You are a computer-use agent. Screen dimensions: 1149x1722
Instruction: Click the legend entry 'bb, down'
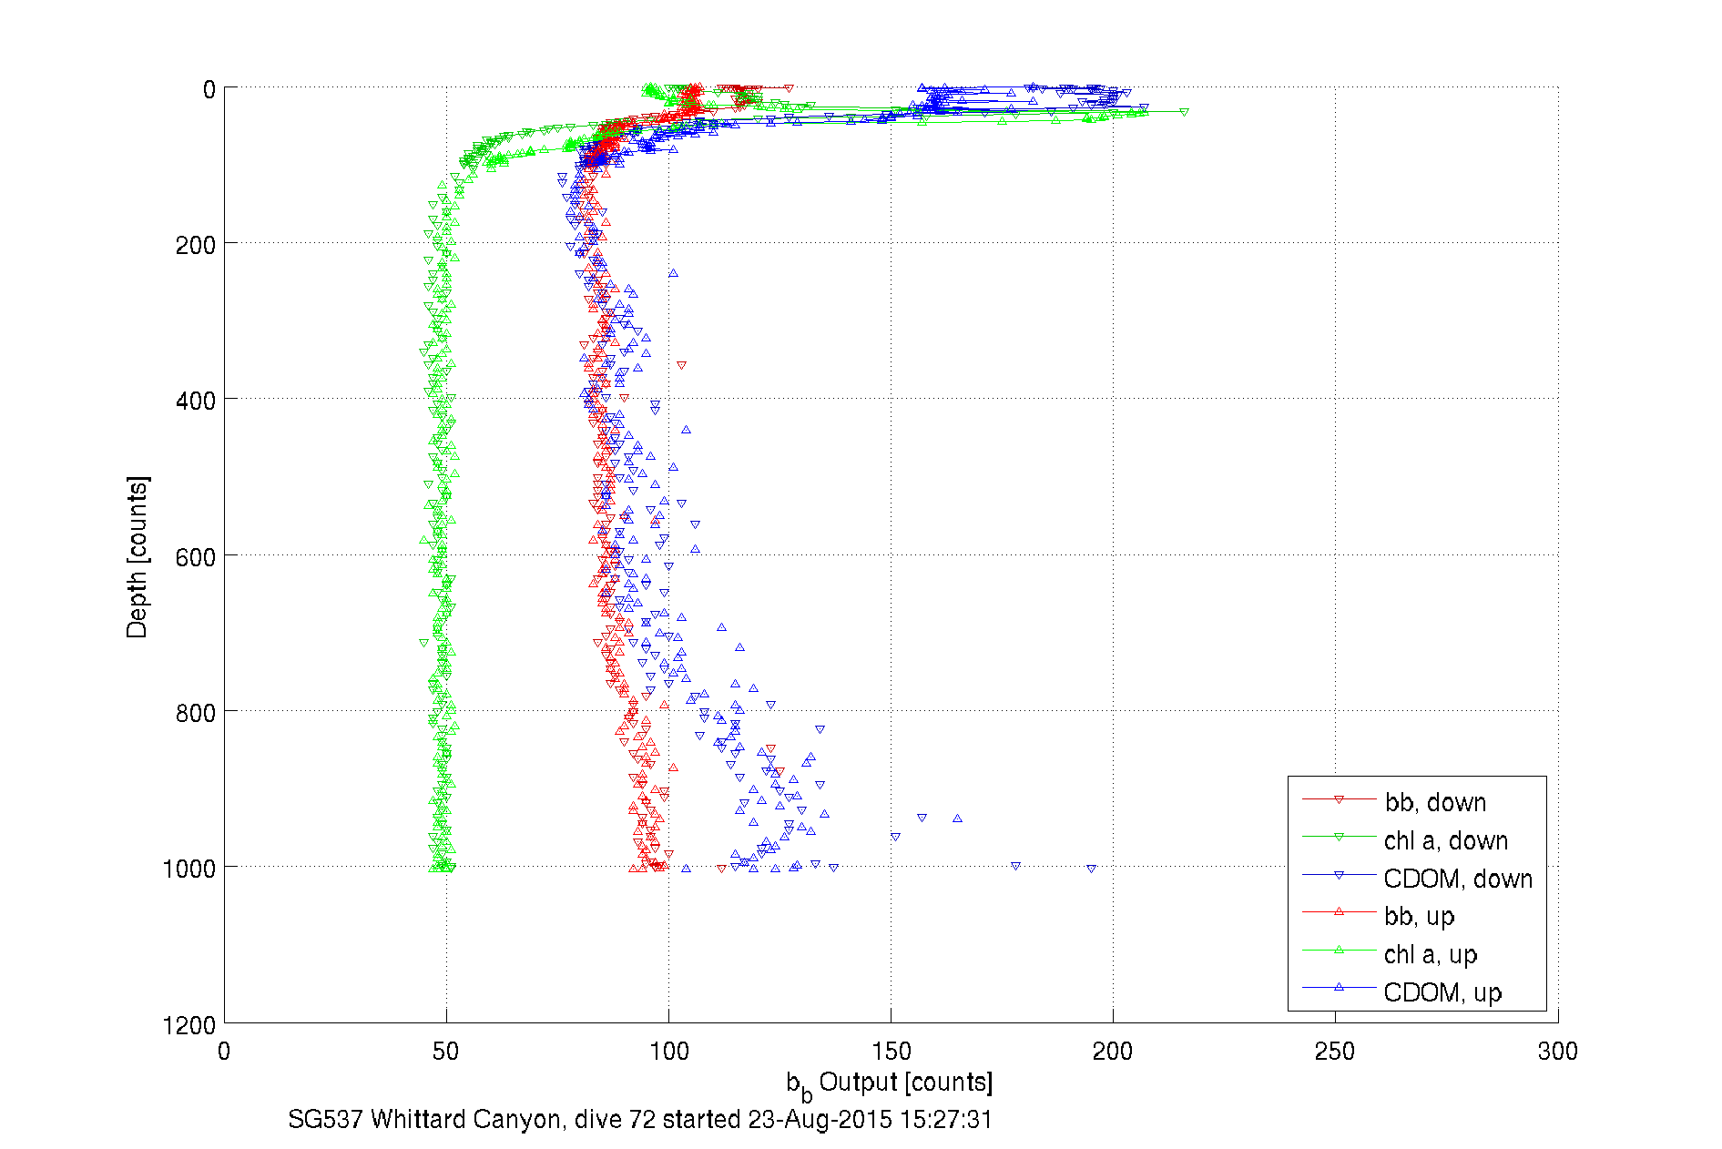point(1435,802)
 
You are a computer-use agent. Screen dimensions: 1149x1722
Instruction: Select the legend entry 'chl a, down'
point(1445,840)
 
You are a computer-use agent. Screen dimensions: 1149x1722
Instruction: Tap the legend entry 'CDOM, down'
point(1457,879)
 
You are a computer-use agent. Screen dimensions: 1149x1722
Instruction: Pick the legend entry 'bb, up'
point(1419,916)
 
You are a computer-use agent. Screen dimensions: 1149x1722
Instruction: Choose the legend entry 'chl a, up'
point(1430,954)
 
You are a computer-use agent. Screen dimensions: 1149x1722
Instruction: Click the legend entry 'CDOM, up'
point(1442,992)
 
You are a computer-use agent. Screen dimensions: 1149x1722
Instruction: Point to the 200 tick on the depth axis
point(195,245)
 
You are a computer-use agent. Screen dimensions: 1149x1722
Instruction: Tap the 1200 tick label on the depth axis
point(189,1025)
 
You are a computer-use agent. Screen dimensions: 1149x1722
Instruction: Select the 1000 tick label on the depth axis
point(189,869)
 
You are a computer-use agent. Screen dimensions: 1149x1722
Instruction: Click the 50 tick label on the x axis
point(445,1052)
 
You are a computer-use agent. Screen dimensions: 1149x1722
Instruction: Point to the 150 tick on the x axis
point(891,1052)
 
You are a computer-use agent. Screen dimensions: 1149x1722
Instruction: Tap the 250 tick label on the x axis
point(1335,1052)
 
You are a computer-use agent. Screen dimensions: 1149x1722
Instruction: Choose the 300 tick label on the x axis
point(1557,1052)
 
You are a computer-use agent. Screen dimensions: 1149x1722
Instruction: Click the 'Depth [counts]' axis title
point(137,556)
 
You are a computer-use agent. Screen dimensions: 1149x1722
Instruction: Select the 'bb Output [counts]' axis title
point(890,1083)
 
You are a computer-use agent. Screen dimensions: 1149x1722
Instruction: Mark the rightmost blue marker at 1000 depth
point(1091,869)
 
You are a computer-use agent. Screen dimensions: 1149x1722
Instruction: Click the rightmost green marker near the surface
point(1184,112)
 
